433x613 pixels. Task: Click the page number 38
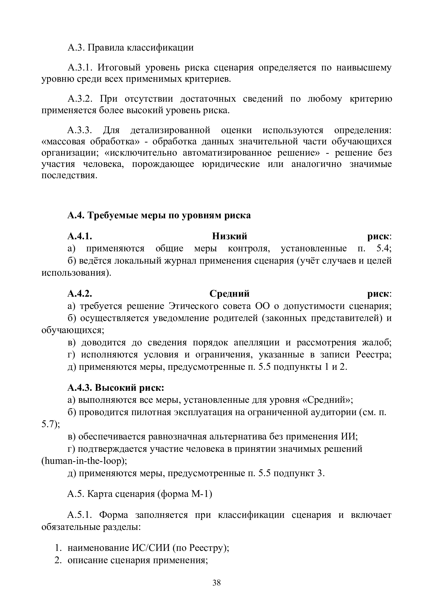click(216, 583)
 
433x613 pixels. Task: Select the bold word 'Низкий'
click(229, 236)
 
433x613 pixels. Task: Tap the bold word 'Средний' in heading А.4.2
click(229, 294)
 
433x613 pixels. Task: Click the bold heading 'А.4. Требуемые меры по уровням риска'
click(159, 215)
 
